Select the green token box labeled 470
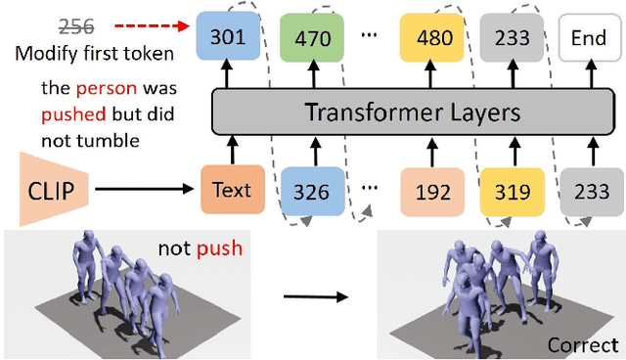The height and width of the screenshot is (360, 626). [x=313, y=38]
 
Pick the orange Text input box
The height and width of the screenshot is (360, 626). [x=232, y=190]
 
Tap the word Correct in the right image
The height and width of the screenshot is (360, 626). [x=582, y=344]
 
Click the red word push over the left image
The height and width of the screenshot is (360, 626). [x=220, y=249]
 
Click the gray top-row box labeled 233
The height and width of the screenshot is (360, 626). [x=509, y=38]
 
